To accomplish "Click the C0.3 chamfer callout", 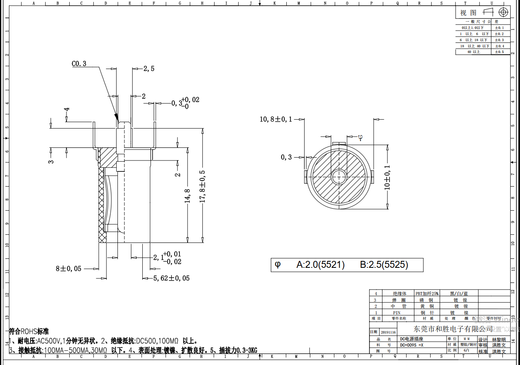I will click(79, 64).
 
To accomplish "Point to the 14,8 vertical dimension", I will click(187, 196).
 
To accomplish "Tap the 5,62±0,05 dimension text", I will click(171, 278).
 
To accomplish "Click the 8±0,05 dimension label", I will click(69, 269).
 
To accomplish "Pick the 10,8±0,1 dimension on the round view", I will click(276, 119).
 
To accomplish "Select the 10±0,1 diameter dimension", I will click(387, 177).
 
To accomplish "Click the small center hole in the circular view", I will click(338, 177).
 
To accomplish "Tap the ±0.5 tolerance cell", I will click(499, 52).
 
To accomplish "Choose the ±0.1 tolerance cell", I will click(499, 27).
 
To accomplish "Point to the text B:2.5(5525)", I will click(384, 265).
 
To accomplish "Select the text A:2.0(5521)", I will click(320, 265).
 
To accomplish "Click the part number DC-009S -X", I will click(412, 345).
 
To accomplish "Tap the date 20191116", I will click(388, 332).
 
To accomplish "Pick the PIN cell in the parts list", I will click(396, 312).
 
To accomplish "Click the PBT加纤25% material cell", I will click(427, 293).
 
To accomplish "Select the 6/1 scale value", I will click(466, 350).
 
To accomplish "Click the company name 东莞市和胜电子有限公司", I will click(453, 329).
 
